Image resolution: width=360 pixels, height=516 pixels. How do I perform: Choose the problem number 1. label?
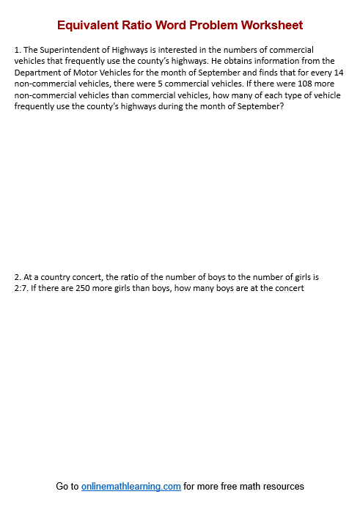[18, 50]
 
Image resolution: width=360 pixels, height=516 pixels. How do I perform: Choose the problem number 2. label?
[18, 277]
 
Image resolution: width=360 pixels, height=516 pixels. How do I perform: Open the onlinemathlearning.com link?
[131, 486]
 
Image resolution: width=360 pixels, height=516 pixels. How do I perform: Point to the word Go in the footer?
[63, 486]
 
